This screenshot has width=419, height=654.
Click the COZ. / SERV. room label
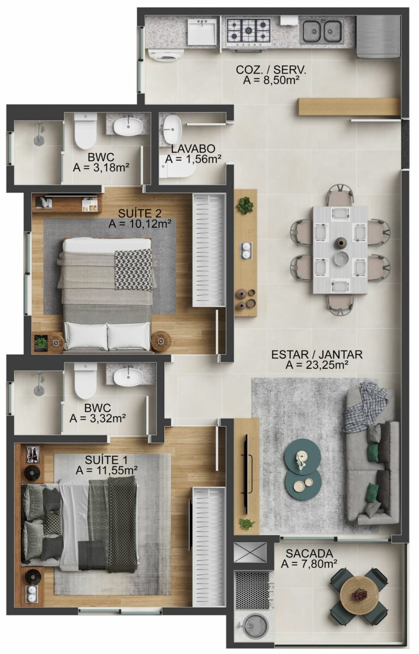(271, 70)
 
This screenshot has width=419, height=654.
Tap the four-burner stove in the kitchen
(249, 31)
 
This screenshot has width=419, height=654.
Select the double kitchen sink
(322, 31)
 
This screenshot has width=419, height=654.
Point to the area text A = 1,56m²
(193, 159)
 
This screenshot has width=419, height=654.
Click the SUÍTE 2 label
(140, 212)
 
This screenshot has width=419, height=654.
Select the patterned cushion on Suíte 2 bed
(133, 269)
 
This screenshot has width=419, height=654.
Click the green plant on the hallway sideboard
(245, 205)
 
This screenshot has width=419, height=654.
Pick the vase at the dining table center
(340, 243)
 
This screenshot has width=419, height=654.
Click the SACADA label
(309, 553)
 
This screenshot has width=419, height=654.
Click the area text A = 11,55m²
(106, 470)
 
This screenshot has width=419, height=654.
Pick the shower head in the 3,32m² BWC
(39, 391)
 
